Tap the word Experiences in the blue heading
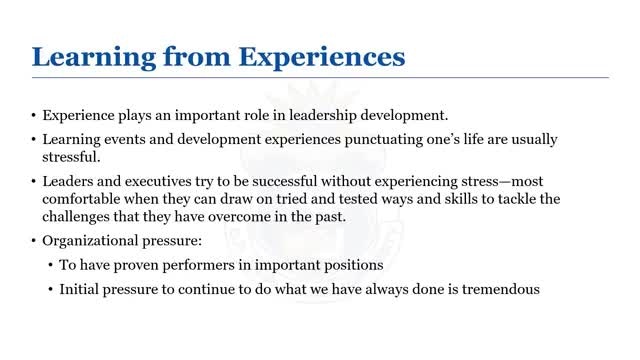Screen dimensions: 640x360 [x=322, y=58]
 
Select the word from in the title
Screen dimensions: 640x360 [x=197, y=56]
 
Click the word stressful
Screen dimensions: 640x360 [x=71, y=157]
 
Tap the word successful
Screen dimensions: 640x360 [x=284, y=181]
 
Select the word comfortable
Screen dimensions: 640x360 [x=81, y=199]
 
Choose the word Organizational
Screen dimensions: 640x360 [x=90, y=241]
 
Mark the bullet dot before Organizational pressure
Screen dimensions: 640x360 [x=34, y=241]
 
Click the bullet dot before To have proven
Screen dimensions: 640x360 [x=51, y=266]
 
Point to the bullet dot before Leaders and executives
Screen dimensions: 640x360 [x=34, y=181]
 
